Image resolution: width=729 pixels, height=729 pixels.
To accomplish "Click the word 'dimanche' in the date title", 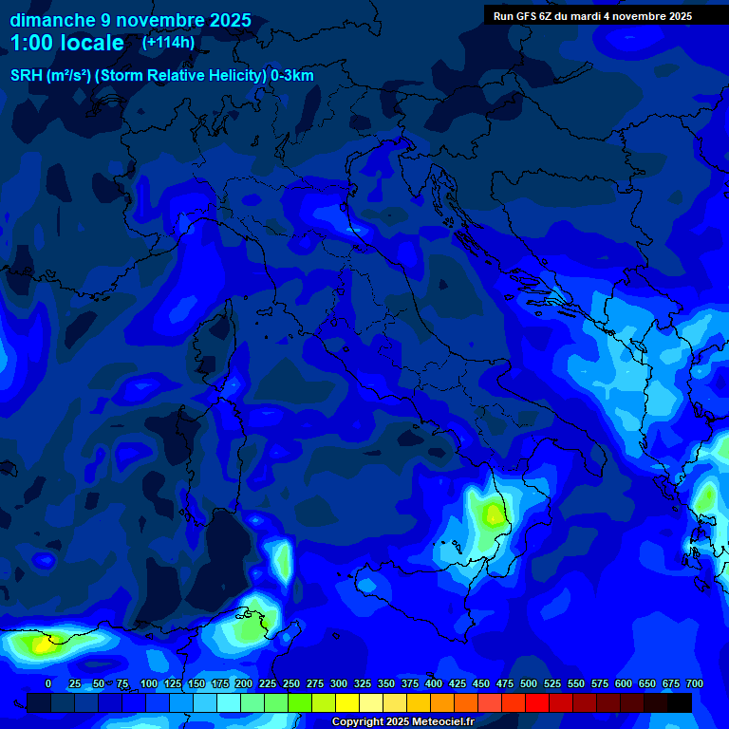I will point(52,20).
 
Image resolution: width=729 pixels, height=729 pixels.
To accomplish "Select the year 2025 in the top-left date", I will point(224,20).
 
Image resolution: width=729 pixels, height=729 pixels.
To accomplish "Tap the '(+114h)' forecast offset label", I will point(169,43).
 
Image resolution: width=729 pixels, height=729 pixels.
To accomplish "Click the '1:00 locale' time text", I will point(66,43).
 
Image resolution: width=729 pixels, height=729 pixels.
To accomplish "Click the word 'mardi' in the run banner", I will point(594,16).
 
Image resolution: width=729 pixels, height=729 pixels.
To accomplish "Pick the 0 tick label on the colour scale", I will point(48,683).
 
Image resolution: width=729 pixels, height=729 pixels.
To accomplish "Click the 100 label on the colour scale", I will point(148,683).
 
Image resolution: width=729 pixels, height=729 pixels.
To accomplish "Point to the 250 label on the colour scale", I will point(290,683).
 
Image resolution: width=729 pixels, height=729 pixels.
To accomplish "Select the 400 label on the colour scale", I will point(434,683).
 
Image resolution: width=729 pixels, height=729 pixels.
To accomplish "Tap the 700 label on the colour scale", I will point(695,683).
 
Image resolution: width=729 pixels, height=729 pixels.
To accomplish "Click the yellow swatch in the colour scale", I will point(347,702).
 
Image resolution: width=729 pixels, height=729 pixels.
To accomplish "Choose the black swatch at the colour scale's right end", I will point(680,702).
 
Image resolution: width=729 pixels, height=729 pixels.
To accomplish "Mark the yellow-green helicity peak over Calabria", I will point(493,514).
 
